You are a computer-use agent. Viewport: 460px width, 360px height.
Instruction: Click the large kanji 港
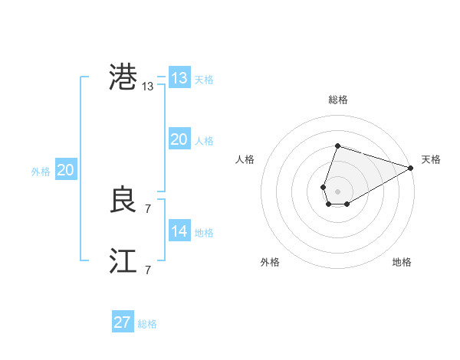coord(123,78)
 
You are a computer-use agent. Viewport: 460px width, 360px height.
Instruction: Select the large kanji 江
coord(123,262)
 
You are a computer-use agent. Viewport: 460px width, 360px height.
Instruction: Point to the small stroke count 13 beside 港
coord(148,87)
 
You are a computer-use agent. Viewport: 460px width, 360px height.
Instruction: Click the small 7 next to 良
coord(148,208)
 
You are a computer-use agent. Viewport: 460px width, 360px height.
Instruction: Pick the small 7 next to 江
coord(148,270)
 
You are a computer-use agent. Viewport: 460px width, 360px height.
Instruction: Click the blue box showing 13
coord(179,78)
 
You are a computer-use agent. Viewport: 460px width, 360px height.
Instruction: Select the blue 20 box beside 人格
coord(179,139)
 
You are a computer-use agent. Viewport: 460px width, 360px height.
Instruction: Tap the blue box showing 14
coord(179,231)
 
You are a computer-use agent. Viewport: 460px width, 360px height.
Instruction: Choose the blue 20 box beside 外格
coord(65,170)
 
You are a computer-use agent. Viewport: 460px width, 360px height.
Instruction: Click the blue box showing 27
coord(122,322)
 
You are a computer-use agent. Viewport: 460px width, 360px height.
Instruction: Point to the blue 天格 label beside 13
coord(203,80)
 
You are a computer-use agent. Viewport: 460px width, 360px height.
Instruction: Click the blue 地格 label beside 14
coord(203,233)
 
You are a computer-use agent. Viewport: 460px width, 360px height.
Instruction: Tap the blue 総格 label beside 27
coord(147,324)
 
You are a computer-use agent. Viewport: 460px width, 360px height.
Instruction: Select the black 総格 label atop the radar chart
coord(337,100)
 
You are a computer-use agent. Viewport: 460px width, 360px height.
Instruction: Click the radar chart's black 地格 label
coord(402,262)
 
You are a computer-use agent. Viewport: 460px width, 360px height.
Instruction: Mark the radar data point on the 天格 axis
coord(411,169)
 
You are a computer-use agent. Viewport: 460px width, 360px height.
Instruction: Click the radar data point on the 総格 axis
coord(337,146)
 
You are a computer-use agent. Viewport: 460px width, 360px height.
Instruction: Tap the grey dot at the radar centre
coord(337,190)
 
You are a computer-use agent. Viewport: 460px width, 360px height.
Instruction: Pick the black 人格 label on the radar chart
coord(245,159)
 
